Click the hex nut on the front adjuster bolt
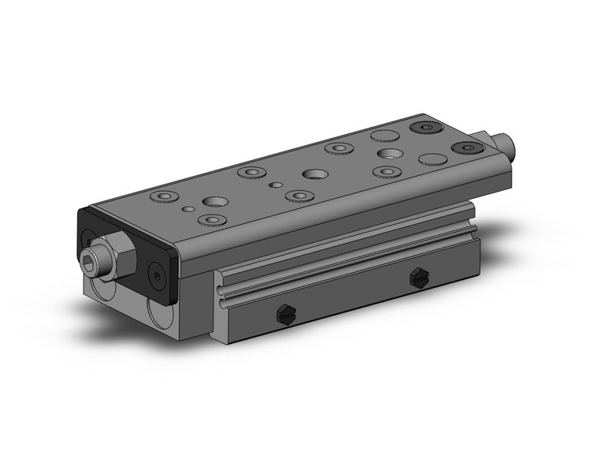click(x=121, y=253)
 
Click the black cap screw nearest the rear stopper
click(x=464, y=147)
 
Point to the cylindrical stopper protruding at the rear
click(x=502, y=144)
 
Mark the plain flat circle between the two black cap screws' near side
click(x=433, y=159)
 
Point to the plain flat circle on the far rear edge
click(x=384, y=135)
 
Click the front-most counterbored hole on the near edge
click(x=210, y=220)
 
